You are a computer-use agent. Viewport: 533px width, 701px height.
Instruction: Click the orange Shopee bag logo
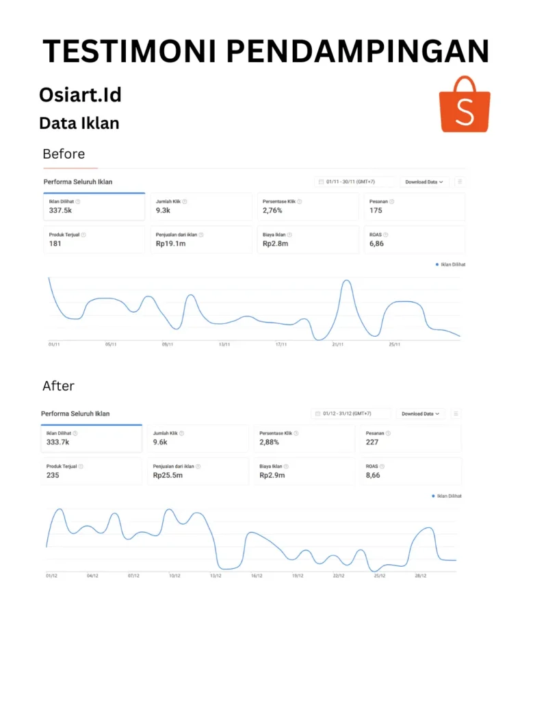click(465, 105)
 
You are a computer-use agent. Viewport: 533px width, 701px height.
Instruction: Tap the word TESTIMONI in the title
click(129, 51)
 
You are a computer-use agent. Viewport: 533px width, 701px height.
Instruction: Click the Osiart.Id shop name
click(80, 94)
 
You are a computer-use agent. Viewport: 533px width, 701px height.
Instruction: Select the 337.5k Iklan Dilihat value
click(61, 211)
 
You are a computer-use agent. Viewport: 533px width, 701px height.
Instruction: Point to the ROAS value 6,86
click(376, 244)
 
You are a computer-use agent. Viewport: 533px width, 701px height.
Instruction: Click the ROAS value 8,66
click(373, 475)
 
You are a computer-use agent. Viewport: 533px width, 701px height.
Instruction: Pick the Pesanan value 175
click(376, 211)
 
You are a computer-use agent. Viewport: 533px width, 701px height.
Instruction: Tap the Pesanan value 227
click(372, 442)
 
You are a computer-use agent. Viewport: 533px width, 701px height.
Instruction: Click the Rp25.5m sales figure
click(168, 475)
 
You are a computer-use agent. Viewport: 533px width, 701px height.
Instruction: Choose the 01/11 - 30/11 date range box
click(355, 181)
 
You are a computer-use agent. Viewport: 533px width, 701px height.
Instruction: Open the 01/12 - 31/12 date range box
click(351, 413)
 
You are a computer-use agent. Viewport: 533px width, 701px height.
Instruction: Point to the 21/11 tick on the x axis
click(337, 344)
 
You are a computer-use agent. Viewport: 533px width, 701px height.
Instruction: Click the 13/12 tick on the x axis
click(216, 576)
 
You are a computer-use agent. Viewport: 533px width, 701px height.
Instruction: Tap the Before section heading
click(64, 153)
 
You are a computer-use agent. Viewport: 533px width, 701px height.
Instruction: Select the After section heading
click(59, 386)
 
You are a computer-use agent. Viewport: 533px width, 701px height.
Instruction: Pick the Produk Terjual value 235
click(53, 475)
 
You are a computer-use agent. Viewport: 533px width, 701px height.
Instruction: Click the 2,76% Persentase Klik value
click(272, 211)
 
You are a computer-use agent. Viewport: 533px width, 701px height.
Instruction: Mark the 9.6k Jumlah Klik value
click(161, 442)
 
